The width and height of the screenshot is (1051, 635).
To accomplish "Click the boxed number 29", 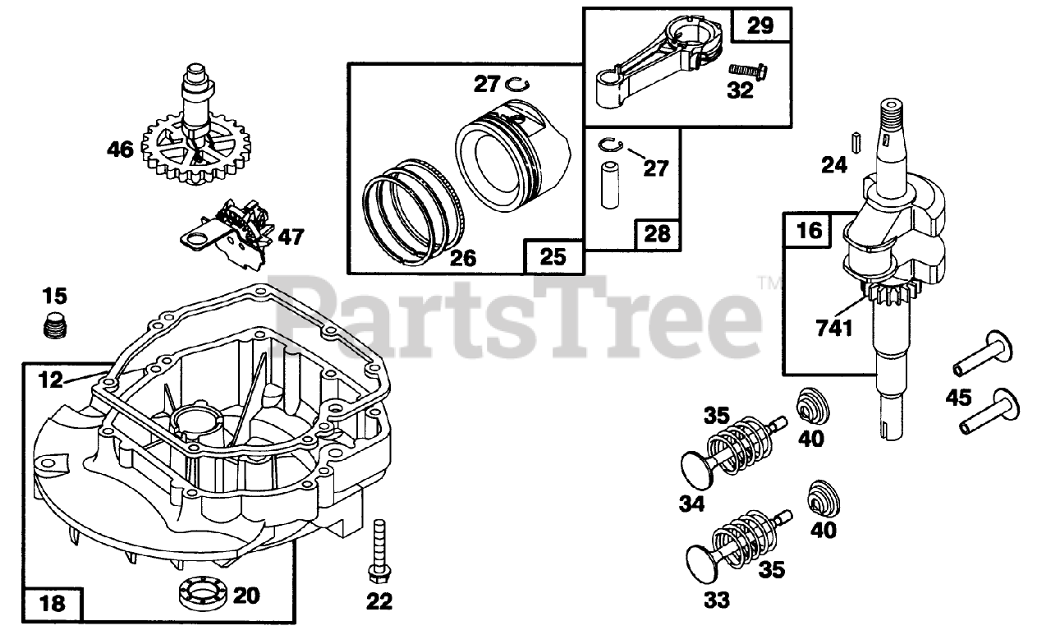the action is (760, 26).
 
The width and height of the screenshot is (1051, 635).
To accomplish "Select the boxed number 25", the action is (554, 256).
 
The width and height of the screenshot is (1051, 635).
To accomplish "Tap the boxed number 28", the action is (658, 233).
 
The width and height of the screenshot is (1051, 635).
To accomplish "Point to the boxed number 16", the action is (809, 231).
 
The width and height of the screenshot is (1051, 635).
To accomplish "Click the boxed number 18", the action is (53, 605).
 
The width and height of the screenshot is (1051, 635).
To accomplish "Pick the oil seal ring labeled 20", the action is (202, 593).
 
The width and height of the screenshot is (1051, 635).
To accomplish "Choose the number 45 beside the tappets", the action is (957, 398).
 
